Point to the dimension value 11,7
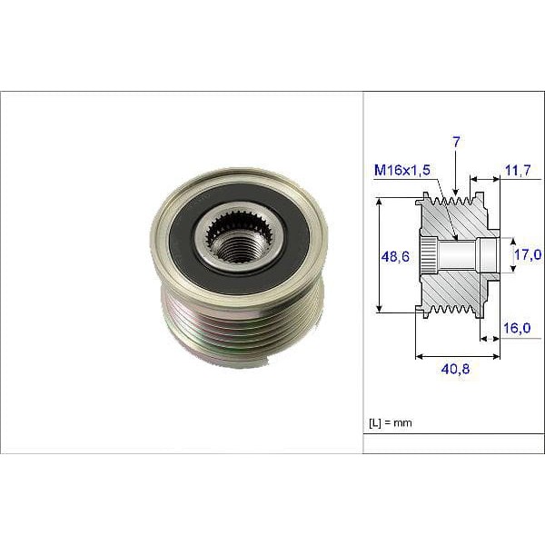point(518,170)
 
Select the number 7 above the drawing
point(456,142)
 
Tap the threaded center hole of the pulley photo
point(238,245)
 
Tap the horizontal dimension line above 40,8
point(457,356)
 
